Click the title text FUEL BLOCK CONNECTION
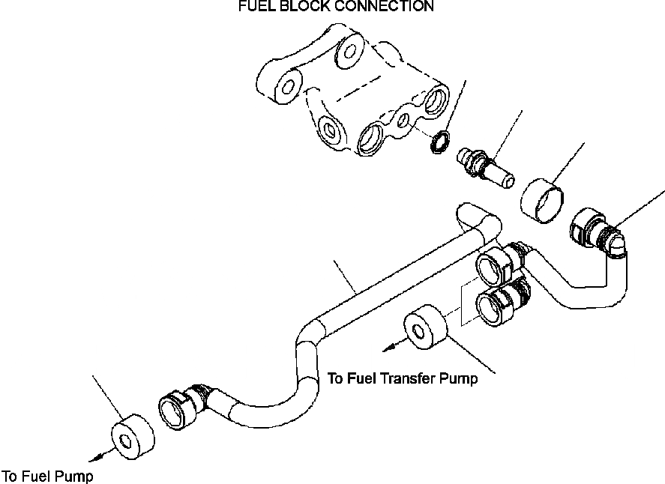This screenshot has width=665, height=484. [x=335, y=7]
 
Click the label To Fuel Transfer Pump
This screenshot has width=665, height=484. [x=403, y=379]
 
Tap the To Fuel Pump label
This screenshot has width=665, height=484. [x=48, y=476]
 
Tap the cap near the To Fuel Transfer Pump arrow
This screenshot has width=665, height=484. [x=424, y=326]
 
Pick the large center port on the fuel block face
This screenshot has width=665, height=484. [x=372, y=139]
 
